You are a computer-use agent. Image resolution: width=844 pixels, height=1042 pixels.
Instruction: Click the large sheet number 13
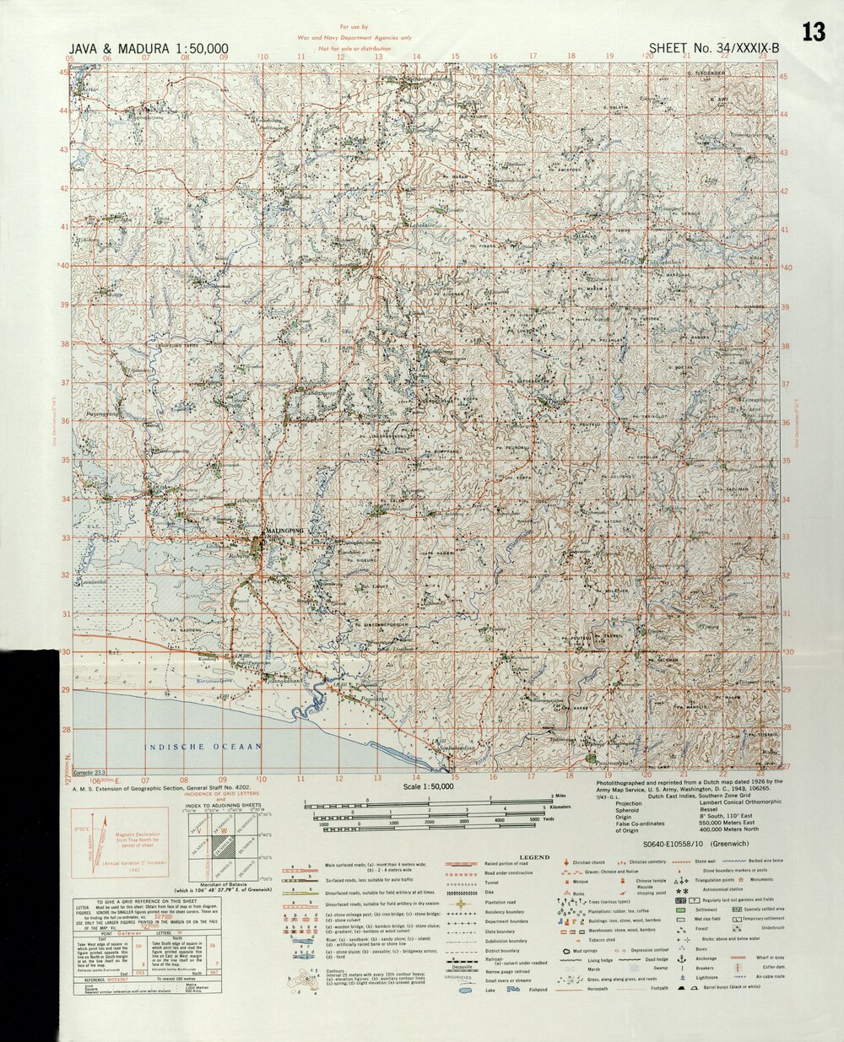click(814, 33)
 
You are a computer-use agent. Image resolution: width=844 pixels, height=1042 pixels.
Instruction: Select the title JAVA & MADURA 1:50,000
click(150, 49)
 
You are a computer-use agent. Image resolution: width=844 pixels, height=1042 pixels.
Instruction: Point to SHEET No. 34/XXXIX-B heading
click(714, 49)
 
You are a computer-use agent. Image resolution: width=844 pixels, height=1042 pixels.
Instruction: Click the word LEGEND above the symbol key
click(533, 856)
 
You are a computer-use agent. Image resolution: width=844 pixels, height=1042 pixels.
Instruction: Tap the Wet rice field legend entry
click(706, 920)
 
